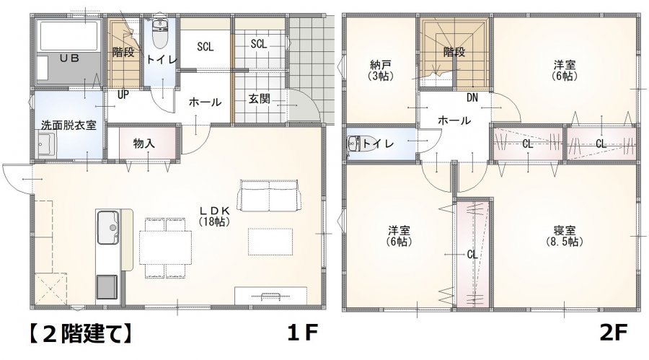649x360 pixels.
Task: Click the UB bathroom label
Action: point(69,58)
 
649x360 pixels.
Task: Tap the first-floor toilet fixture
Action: point(159,33)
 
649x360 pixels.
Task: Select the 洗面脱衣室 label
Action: point(69,125)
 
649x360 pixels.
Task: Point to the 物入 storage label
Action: point(144,144)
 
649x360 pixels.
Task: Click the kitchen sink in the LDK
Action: point(108,227)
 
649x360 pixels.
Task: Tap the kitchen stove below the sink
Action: point(107,287)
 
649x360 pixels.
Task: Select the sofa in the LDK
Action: point(269,196)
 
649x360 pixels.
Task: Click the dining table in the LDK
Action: point(166,247)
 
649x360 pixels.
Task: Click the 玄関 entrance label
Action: point(260,99)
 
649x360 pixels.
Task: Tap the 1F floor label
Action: point(303,333)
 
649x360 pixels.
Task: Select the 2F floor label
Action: point(614,333)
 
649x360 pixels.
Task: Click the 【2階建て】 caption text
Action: point(81,333)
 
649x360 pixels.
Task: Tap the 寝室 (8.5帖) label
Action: point(564,236)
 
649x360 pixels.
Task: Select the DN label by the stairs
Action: point(472,98)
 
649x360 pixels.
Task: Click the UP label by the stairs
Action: point(123,95)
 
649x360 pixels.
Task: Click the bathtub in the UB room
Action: point(69,35)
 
